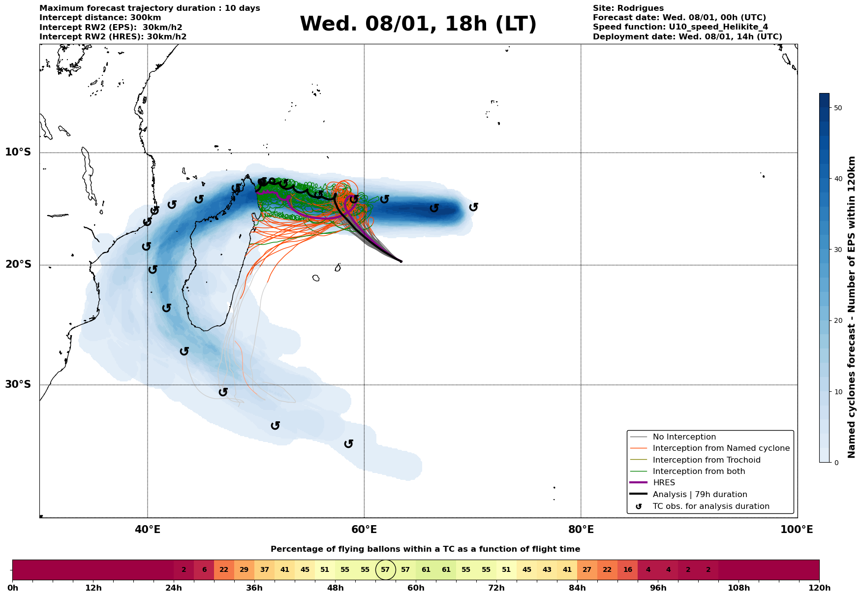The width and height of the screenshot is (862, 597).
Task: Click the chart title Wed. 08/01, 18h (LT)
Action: pos(418,24)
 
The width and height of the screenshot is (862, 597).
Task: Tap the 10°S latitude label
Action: pos(18,152)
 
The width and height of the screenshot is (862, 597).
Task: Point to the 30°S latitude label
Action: pos(18,384)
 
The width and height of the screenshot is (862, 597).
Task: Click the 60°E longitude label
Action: pos(364,530)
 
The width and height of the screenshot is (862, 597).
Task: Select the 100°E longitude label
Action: pos(797,530)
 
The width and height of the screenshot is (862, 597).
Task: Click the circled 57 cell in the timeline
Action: pos(385,570)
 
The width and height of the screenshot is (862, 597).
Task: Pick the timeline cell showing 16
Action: pos(627,570)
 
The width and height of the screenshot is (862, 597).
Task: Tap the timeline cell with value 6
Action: pos(204,570)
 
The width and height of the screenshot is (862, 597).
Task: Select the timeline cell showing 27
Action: pos(587,570)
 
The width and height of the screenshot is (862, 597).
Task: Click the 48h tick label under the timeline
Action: pos(335,588)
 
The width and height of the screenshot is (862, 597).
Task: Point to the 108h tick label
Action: pos(739,588)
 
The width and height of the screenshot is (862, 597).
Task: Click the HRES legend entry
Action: pos(663,483)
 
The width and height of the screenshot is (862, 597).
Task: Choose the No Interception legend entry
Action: pos(684,437)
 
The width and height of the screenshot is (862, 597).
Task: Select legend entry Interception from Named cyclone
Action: pos(721,448)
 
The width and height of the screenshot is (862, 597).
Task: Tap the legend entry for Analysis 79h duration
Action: pos(700,495)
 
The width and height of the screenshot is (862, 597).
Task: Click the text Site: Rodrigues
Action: pos(628,8)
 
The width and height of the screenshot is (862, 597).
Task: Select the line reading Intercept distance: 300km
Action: pos(100,18)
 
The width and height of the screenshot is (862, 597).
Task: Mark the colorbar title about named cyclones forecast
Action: pos(852,307)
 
